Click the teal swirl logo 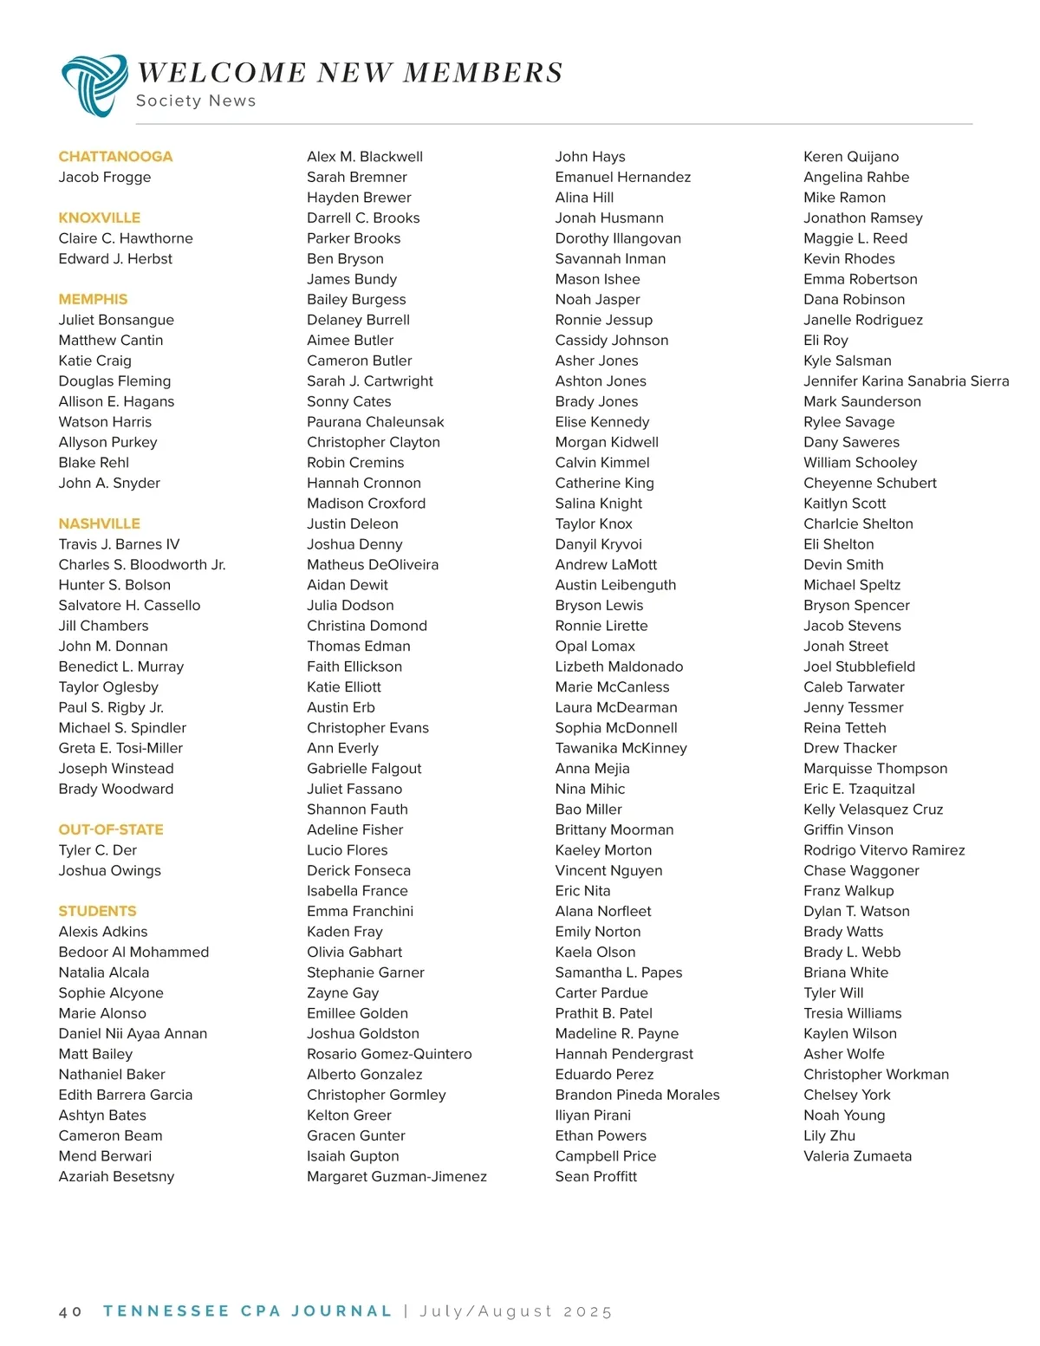click(x=94, y=84)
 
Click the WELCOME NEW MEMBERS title click(x=350, y=73)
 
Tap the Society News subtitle click(x=196, y=101)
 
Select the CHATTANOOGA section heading click(x=115, y=157)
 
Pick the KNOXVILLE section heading click(x=100, y=218)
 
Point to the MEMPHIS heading click(x=93, y=299)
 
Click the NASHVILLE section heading click(x=100, y=523)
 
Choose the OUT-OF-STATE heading click(x=111, y=829)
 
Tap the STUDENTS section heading click(x=98, y=911)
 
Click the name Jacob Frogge click(x=105, y=177)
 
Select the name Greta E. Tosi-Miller click(x=120, y=748)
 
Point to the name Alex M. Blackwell click(x=365, y=157)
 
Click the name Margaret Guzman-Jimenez click(x=397, y=1176)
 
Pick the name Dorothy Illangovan click(x=618, y=238)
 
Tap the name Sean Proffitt click(x=596, y=1176)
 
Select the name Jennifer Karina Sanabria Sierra click(x=906, y=380)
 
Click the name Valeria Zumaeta click(x=857, y=1156)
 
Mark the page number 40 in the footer click(x=70, y=1312)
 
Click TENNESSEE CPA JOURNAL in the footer click(x=248, y=1311)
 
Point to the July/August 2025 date click(x=516, y=1311)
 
